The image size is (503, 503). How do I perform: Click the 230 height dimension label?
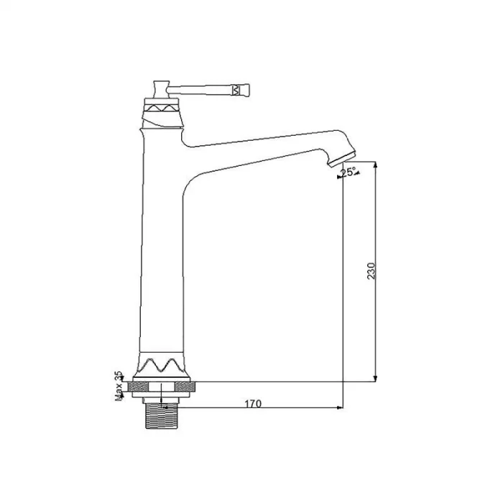point(372,271)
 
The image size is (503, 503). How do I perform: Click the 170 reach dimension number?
point(252,404)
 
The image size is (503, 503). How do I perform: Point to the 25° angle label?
point(349,172)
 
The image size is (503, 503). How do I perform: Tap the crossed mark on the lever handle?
point(236,90)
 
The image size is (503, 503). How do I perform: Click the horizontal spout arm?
point(259,147)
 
